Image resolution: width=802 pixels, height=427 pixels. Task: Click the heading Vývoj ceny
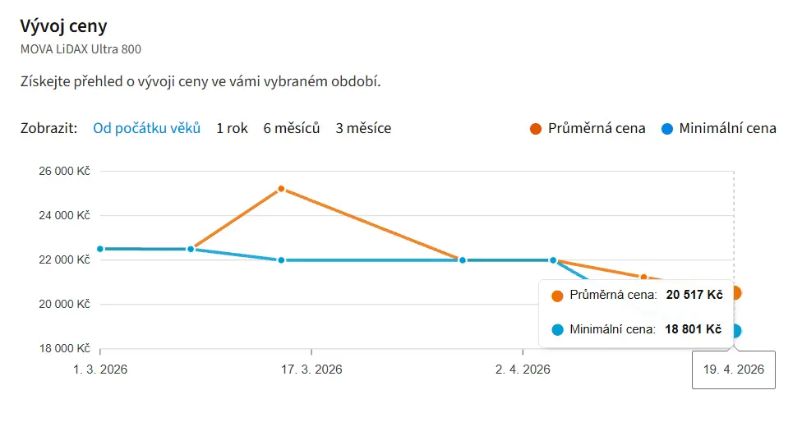[x=63, y=25]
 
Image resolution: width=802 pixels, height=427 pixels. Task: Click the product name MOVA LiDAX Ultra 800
[x=81, y=49]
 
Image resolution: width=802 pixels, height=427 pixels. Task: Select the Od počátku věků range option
[x=146, y=128]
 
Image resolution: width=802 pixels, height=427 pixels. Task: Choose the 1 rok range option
[x=232, y=128]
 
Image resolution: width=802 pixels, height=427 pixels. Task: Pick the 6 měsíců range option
[x=291, y=128]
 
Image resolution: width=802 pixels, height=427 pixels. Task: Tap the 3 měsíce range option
[x=363, y=128]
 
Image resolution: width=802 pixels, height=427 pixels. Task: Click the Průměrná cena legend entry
[x=596, y=128]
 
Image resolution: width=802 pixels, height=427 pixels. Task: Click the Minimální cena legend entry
[x=727, y=128]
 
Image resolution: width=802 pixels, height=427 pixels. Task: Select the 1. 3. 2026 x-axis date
[x=100, y=370]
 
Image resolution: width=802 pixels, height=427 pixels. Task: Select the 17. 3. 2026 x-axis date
[x=311, y=370]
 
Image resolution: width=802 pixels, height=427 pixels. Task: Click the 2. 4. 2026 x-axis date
[x=523, y=370]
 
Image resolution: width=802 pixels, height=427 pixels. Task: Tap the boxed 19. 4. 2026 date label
[x=734, y=370]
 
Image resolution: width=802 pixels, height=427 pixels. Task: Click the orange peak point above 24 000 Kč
[x=281, y=189]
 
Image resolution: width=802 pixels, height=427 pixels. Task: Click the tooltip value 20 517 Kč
[x=694, y=295]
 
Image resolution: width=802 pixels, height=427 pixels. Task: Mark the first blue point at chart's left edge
[x=100, y=249]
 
